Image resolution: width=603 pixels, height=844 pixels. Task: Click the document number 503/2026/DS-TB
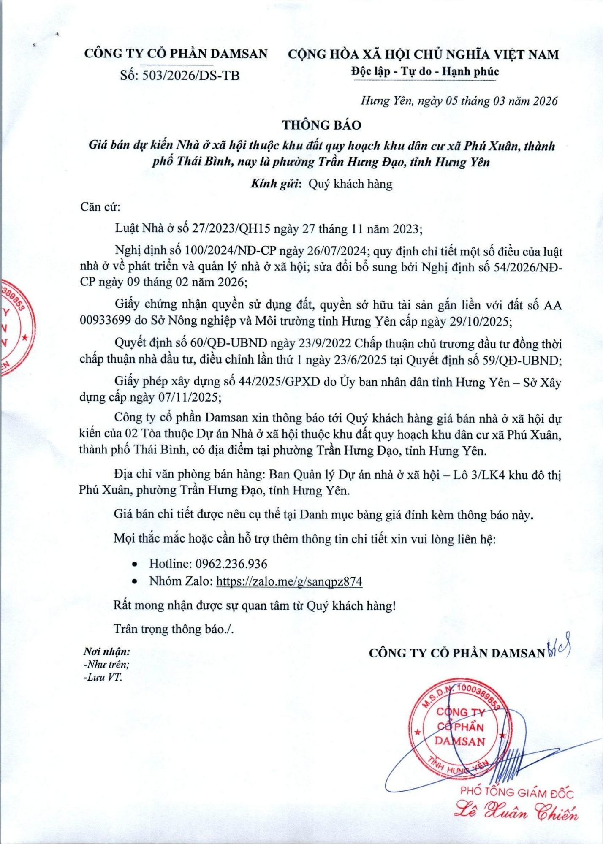pos(191,76)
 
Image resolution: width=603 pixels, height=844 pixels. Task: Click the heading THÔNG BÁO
pos(322,125)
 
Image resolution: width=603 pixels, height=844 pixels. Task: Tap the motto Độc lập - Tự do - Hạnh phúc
pos(425,71)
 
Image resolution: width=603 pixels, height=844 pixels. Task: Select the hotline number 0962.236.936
pos(231,564)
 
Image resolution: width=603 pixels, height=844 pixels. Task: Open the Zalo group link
pos(289,581)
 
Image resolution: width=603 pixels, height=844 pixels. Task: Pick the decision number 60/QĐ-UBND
pos(230,344)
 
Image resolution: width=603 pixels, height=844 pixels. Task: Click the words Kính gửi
pos(276,184)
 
